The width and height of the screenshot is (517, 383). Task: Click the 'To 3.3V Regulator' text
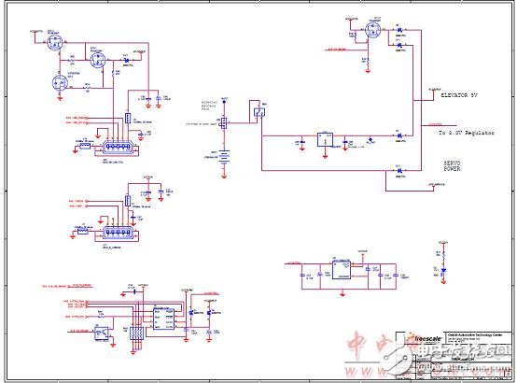(x=467, y=134)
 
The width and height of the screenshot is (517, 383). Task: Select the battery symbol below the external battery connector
(x=224, y=155)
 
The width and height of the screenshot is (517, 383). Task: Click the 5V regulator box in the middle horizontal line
(x=325, y=139)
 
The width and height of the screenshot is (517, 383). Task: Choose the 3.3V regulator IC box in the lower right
(x=343, y=270)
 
